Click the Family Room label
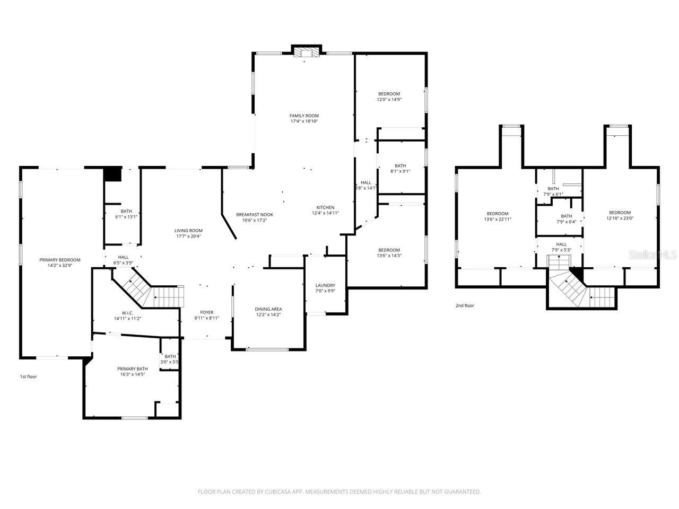304,116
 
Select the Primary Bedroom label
60,260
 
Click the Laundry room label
325,285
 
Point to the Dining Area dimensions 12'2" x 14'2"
268,315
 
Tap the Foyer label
206,312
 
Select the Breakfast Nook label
255,215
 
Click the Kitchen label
325,207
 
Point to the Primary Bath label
133,368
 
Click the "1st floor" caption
29,377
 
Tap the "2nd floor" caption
465,305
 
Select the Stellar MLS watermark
652,255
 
